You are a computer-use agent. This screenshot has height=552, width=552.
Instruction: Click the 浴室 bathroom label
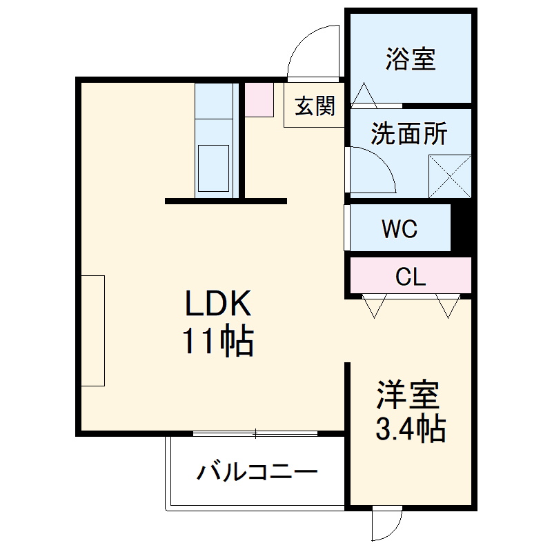(411, 59)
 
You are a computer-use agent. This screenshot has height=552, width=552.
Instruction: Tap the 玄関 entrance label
(315, 107)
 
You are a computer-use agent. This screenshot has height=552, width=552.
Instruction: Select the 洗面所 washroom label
(408, 134)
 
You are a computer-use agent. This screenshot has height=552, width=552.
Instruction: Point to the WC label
(400, 228)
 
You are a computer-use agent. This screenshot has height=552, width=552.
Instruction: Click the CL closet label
(411, 277)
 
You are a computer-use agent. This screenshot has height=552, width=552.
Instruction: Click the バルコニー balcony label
(258, 472)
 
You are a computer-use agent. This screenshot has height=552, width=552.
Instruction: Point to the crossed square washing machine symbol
(450, 177)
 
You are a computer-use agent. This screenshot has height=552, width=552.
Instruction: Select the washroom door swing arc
(373, 169)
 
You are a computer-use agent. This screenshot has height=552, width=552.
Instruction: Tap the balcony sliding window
(255, 434)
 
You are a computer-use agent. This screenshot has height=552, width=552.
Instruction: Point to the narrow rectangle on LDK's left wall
(92, 331)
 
